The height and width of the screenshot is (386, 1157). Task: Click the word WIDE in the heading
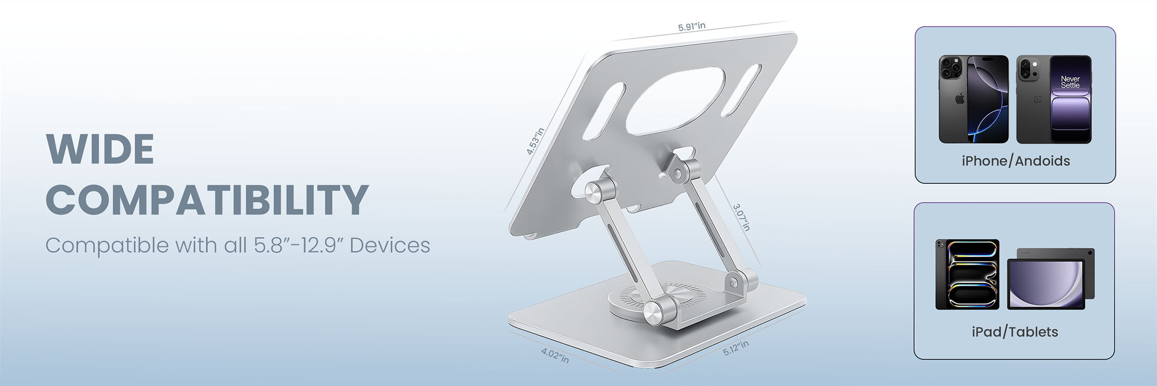point(100,149)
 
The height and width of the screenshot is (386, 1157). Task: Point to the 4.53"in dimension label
point(535,141)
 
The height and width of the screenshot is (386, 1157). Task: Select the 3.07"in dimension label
point(742,217)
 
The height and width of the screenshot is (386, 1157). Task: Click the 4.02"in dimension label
point(555,355)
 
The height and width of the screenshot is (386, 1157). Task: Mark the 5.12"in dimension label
point(736,348)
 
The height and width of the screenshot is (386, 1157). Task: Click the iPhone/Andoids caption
point(1016,161)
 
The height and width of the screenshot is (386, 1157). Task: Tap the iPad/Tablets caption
point(1015,332)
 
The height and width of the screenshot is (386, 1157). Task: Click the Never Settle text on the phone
point(1070,82)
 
